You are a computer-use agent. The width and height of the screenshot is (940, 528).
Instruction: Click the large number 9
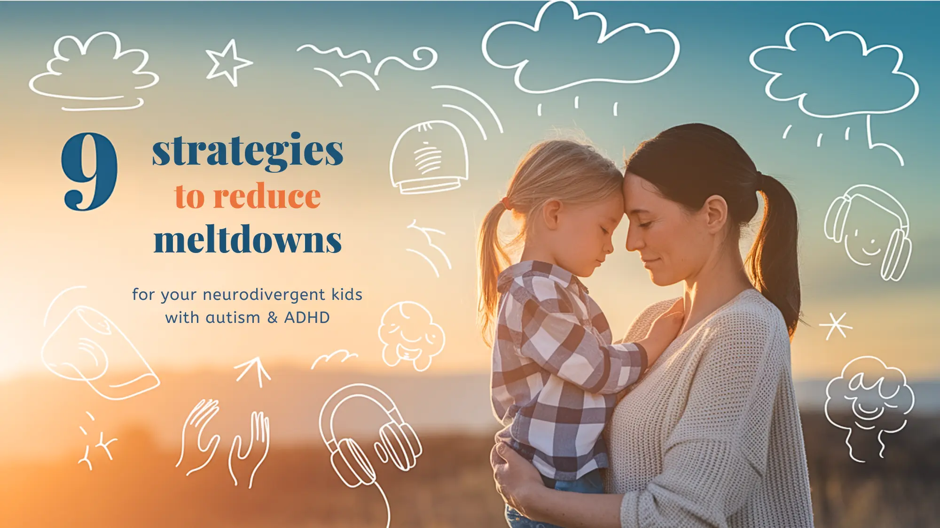pyautogui.click(x=89, y=171)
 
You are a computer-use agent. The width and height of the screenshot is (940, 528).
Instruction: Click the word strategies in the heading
pyautogui.click(x=248, y=151)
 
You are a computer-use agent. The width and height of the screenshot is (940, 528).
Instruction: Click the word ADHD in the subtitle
pyautogui.click(x=307, y=318)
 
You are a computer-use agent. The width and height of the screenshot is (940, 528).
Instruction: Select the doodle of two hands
pyautogui.click(x=224, y=441)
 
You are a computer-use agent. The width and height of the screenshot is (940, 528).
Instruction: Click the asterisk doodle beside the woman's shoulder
pyautogui.click(x=836, y=325)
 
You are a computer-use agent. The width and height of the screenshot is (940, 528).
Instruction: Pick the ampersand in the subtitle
pyautogui.click(x=272, y=318)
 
